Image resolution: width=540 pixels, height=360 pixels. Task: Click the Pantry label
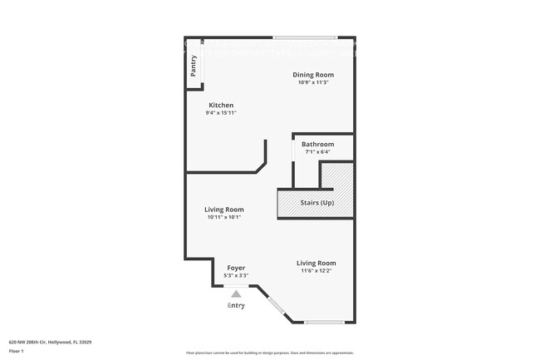(x=194, y=66)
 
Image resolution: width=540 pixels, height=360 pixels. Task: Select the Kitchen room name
(x=221, y=105)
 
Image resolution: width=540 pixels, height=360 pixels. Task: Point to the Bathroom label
(x=317, y=144)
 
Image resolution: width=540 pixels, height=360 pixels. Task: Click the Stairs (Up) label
(x=317, y=203)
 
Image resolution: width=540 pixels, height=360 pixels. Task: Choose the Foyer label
(x=236, y=268)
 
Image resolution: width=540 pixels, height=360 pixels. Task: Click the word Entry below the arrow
(x=236, y=306)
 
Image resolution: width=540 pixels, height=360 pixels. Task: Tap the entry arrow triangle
(x=236, y=293)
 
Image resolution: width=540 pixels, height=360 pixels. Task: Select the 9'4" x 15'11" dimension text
(x=221, y=113)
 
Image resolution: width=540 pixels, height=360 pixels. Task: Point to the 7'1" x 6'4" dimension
(x=317, y=151)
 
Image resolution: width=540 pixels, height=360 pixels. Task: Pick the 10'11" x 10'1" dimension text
(x=224, y=217)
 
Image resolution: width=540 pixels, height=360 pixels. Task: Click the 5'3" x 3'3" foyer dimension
(x=236, y=275)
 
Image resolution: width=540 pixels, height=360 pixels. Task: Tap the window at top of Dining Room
(x=305, y=37)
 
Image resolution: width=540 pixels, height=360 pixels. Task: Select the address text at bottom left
(x=50, y=341)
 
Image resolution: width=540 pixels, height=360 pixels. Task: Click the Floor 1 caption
(x=17, y=350)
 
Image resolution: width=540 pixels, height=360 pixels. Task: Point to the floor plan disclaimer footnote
(x=270, y=354)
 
